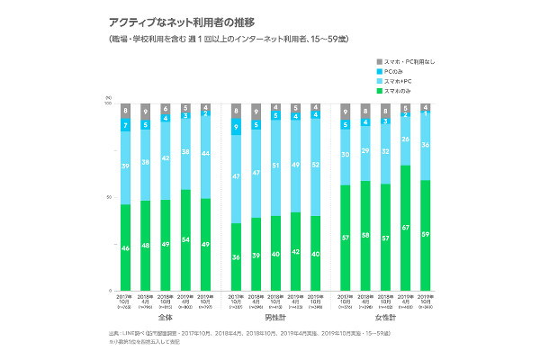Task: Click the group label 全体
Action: [165, 318]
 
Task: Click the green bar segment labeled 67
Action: [407, 229]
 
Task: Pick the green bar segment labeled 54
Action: [184, 240]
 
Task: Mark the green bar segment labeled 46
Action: [126, 247]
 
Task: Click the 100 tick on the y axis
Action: [108, 104]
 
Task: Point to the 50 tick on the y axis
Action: [109, 197]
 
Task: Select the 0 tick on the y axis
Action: [110, 291]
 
